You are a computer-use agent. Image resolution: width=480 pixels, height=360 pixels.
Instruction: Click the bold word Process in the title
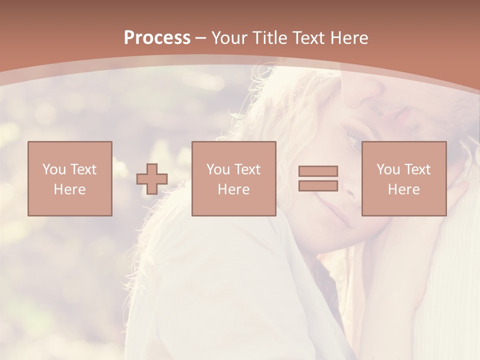tap(157, 38)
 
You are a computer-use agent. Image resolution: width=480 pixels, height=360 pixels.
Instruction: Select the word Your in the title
tap(229, 38)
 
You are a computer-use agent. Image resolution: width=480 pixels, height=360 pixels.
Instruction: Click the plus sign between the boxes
tap(152, 179)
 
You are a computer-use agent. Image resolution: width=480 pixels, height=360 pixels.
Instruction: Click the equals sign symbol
tap(318, 178)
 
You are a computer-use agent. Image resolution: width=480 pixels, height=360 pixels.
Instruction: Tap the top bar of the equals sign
tap(318, 171)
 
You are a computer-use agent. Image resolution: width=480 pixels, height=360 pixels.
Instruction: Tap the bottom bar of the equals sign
tap(318, 185)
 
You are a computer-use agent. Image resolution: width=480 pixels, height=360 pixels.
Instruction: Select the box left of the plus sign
tap(70, 178)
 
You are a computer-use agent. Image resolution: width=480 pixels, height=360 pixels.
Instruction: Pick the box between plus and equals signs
tap(234, 178)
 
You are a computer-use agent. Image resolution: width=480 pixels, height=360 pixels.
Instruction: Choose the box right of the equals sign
tap(404, 178)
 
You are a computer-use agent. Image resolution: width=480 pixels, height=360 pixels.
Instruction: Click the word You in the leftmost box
tap(54, 169)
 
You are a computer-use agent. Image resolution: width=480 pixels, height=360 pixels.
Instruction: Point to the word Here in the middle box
tap(234, 189)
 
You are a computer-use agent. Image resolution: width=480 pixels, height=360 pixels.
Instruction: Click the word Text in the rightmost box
tap(417, 169)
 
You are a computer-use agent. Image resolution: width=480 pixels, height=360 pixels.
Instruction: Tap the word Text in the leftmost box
tap(83, 169)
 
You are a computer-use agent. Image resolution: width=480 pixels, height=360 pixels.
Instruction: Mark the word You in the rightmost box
tap(388, 169)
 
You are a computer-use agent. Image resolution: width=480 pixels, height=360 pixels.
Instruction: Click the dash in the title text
tap(201, 38)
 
